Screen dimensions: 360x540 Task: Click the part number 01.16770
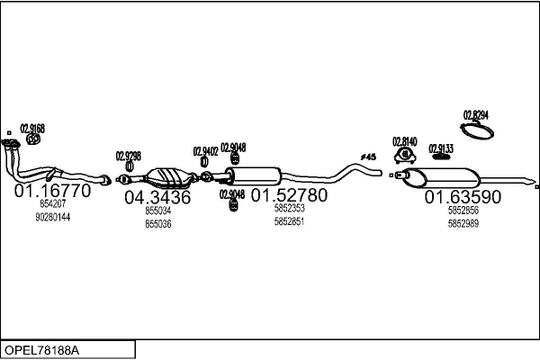point(51,192)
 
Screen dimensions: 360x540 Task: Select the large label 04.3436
point(157,197)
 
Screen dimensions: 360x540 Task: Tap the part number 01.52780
point(289,194)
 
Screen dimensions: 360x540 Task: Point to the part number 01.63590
point(463,196)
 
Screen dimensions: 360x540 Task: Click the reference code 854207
point(53,204)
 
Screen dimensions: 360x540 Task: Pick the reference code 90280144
point(53,217)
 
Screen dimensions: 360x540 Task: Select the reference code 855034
point(157,211)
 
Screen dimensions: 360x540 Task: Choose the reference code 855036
point(157,223)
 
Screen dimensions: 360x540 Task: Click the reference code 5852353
point(289,209)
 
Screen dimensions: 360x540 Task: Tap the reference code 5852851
point(289,220)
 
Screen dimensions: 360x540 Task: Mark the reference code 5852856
point(463,210)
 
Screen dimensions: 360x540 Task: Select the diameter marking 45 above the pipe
point(368,157)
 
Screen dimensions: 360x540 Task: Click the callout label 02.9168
point(31,128)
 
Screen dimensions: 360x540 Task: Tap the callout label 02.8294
point(476,114)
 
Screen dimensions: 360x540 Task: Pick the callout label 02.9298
point(129,155)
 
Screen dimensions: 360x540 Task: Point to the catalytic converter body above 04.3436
point(168,175)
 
